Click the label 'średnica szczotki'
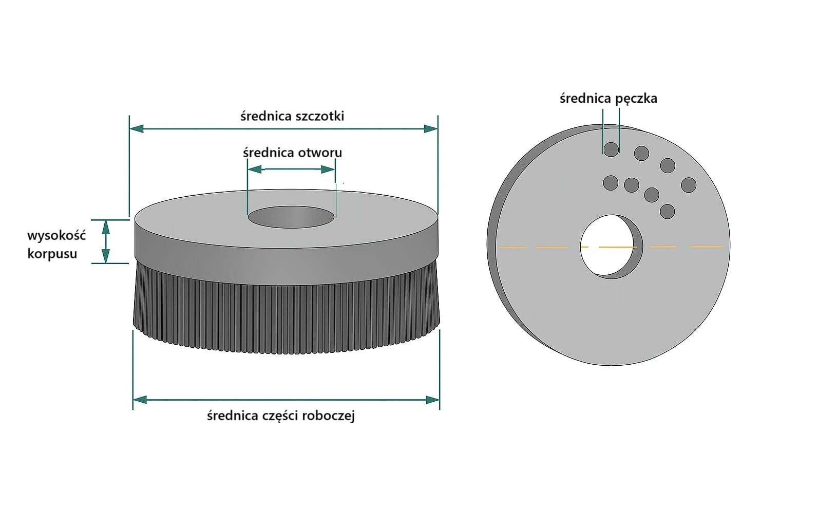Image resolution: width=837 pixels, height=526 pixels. point(292,116)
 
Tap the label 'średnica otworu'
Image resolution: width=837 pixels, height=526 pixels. point(292,153)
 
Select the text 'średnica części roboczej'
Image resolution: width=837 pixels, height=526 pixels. point(281,416)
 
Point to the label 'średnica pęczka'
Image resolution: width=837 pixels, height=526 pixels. point(608,98)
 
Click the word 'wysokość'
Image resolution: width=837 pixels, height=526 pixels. point(56,236)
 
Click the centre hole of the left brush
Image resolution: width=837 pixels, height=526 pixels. point(291,217)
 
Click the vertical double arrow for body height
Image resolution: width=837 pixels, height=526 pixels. point(106,241)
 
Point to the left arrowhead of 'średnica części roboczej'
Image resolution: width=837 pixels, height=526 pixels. point(140,399)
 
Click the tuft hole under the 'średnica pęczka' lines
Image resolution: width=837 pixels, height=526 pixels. point(611,149)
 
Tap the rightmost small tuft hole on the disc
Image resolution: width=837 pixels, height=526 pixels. point(689,185)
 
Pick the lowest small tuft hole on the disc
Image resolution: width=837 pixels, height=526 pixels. point(667,211)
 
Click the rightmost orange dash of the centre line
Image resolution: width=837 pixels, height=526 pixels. point(706,247)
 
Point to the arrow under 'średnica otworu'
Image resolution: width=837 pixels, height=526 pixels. point(291,170)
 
